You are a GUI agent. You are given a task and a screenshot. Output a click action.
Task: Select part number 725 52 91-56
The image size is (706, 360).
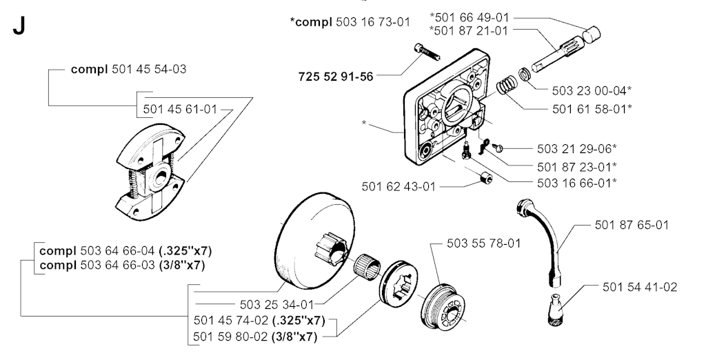point(336,77)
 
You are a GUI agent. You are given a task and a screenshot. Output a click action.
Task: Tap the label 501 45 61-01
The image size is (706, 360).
point(180,109)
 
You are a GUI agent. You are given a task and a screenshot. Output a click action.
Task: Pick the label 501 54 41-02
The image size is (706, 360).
point(639,286)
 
